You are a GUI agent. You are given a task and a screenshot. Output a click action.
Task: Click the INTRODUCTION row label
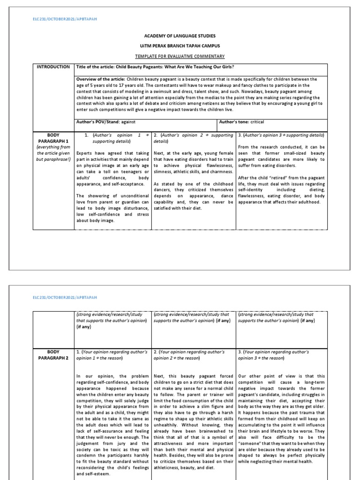pos(54,67)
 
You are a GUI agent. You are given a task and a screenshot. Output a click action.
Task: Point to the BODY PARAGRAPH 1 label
pos(54,138)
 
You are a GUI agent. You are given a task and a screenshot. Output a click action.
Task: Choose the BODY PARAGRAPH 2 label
pos(54,354)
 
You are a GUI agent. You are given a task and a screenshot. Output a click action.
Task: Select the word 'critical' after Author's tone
pos(257,122)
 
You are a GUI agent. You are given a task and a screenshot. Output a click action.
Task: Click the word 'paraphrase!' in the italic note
pos(59,159)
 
